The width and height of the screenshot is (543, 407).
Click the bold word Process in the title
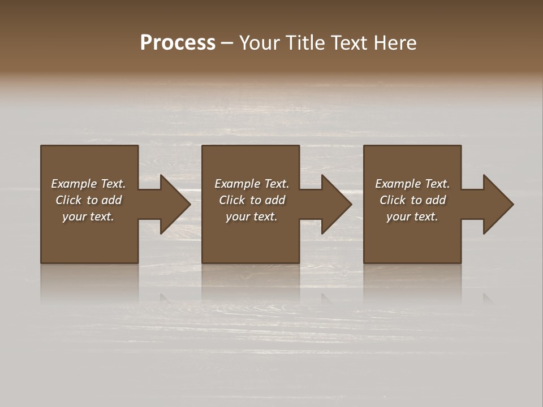[178, 43]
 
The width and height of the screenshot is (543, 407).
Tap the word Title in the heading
[304, 43]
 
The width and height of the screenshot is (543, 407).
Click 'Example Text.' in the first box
[88, 184]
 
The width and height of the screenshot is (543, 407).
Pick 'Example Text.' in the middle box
[252, 184]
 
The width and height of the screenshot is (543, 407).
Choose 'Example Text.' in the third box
[412, 184]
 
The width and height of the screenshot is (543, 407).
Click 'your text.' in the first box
[88, 217]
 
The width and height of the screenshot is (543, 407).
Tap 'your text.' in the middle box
[252, 217]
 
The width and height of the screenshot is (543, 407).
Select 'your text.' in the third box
[412, 217]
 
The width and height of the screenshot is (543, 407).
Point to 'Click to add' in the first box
[88, 200]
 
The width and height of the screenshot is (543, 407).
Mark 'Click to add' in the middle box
[252, 200]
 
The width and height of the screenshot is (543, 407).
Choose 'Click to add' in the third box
[412, 200]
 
